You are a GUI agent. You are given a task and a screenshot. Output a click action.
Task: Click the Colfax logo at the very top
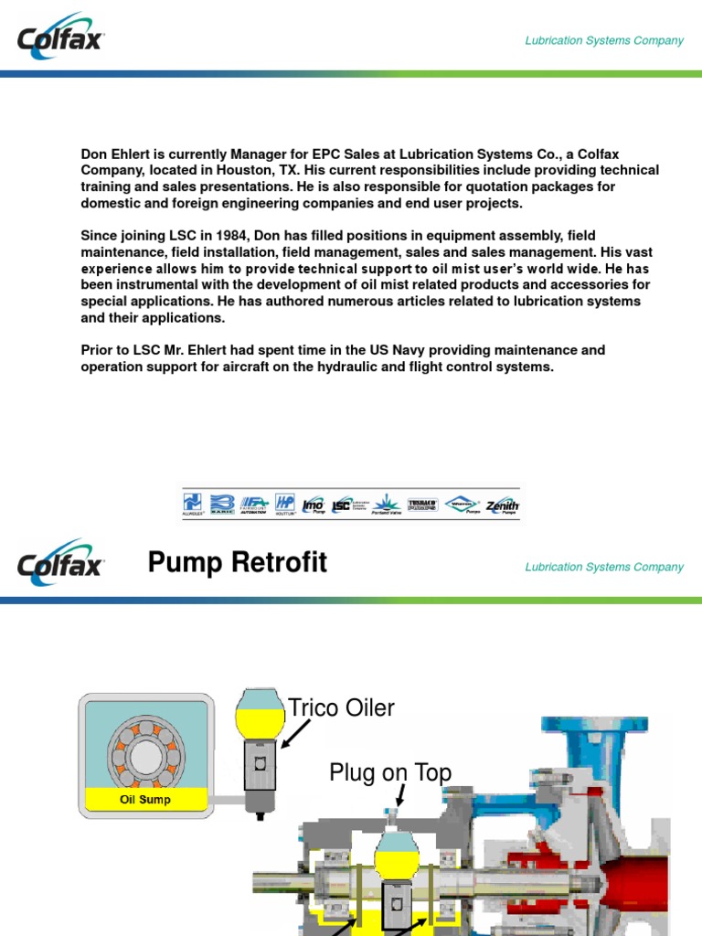(60, 38)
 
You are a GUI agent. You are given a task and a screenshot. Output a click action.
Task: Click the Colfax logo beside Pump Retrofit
(60, 563)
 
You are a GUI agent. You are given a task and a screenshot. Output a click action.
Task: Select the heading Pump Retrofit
(237, 563)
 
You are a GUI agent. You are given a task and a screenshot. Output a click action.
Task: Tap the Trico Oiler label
(341, 708)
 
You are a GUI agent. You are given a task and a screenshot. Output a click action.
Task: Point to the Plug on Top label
(390, 773)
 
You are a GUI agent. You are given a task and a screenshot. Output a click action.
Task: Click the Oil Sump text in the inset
(145, 800)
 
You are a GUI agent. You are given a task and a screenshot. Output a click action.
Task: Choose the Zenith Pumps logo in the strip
(502, 504)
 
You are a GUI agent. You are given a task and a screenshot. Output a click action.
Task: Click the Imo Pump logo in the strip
(313, 504)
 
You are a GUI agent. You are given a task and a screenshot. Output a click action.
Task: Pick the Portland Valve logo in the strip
(387, 504)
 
